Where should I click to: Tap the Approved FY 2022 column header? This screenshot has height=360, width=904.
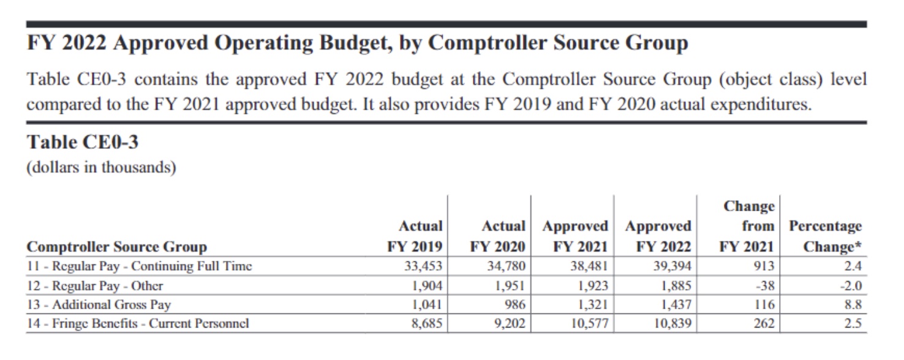point(658,236)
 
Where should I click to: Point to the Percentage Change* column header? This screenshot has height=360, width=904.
point(825,236)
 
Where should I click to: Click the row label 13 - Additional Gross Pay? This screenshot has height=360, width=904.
point(99,304)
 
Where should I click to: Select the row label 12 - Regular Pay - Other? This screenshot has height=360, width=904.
point(95,285)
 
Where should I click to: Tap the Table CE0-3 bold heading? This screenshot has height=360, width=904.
point(83,143)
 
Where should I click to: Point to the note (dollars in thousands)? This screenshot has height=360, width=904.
point(101,168)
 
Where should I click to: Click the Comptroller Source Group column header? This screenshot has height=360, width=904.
point(116,247)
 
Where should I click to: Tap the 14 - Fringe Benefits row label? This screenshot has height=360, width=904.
point(138,323)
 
